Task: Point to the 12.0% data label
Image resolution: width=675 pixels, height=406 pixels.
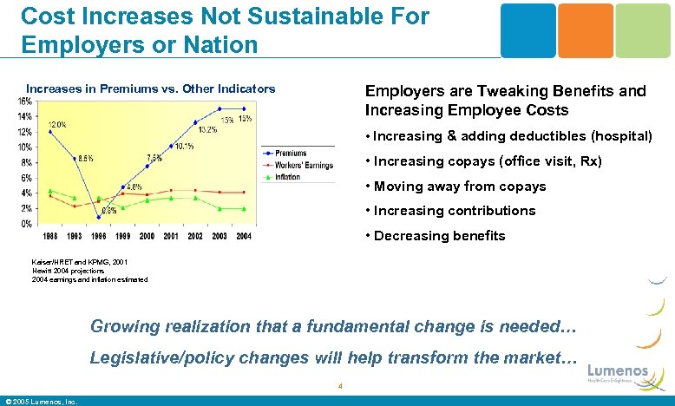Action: pyautogui.click(x=58, y=124)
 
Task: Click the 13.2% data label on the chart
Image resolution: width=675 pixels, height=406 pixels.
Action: pyautogui.click(x=207, y=130)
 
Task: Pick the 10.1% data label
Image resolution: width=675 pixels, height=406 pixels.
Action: pyautogui.click(x=183, y=147)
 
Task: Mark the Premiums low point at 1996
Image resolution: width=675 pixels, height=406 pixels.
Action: pyautogui.click(x=98, y=218)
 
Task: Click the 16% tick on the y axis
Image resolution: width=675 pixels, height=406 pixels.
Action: pyautogui.click(x=25, y=101)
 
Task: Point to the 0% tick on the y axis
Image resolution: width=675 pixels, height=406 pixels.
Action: pyautogui.click(x=27, y=224)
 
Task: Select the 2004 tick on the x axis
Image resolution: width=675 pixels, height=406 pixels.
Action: pyautogui.click(x=244, y=236)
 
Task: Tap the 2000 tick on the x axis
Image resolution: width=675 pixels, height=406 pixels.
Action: pyautogui.click(x=147, y=236)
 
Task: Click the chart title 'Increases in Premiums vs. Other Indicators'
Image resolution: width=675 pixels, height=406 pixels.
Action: pyautogui.click(x=150, y=88)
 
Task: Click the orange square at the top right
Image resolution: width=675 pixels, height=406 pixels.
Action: pyautogui.click(x=585, y=30)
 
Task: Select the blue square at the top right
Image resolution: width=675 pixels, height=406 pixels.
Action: pyautogui.click(x=528, y=30)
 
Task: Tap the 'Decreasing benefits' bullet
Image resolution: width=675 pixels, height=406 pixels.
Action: pyautogui.click(x=439, y=236)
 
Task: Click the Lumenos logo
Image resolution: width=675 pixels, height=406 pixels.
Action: pyautogui.click(x=618, y=374)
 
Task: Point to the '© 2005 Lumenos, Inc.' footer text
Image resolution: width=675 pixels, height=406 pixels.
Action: pyautogui.click(x=42, y=401)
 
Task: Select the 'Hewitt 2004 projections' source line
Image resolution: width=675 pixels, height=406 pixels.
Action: pyautogui.click(x=69, y=271)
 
